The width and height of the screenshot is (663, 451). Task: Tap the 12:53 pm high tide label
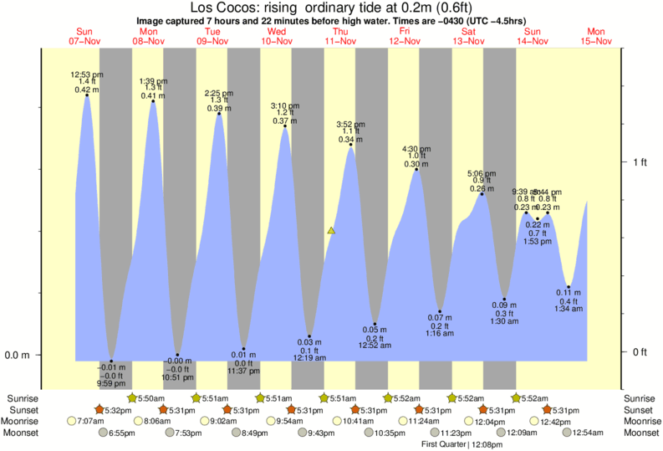coord(85,74)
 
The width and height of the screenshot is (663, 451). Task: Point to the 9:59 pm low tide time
coord(111,383)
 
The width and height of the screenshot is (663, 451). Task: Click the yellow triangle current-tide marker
coord(332,229)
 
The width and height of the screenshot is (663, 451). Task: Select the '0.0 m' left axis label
coord(18,355)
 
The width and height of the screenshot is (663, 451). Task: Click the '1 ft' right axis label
coord(640,162)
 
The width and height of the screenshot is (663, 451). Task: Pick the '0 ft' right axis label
coord(640,351)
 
